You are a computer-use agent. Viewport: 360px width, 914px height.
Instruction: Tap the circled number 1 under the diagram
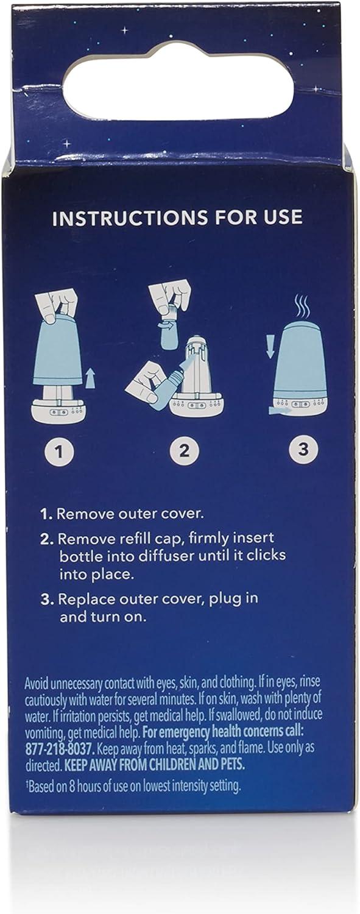60,452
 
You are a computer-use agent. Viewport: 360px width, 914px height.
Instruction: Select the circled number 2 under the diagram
185,450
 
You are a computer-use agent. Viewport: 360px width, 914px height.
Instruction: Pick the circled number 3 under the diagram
303,449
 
